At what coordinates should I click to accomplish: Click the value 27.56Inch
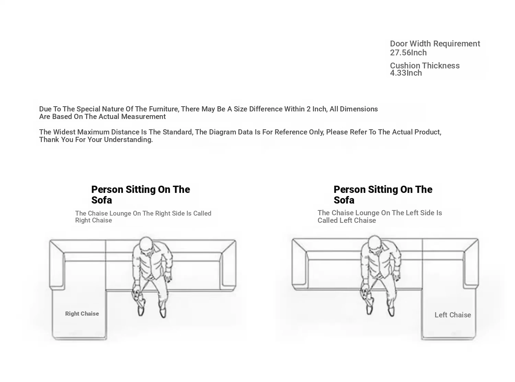408,53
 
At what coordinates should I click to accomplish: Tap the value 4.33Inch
406,73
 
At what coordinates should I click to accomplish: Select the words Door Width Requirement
435,43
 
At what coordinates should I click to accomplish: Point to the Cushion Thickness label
425,65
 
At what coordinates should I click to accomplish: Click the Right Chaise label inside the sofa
82,314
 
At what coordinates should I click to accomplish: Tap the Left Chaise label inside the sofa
453,315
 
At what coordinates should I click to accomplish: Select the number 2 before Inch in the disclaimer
308,109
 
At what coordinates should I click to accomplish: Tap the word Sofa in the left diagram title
102,200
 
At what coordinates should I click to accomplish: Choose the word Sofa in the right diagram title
344,200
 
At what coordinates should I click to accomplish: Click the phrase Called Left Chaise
347,220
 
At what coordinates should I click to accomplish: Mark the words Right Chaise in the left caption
93,220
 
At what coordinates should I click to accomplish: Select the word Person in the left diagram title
107,189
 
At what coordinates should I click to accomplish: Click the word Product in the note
428,132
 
